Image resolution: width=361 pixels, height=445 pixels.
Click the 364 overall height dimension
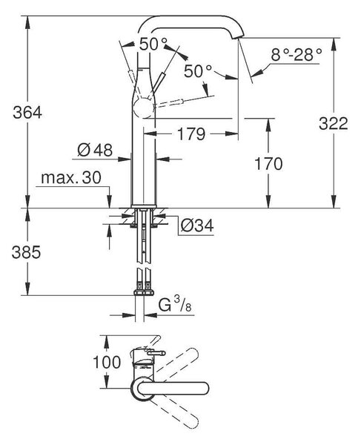point(27,113)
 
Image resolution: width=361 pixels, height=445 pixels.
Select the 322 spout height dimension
point(334,123)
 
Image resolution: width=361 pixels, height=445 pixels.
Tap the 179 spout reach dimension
point(191,134)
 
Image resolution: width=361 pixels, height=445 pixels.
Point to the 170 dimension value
point(268,164)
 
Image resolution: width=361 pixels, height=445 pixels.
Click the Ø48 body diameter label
point(95,150)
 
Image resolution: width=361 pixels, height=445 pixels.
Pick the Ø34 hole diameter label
point(197,225)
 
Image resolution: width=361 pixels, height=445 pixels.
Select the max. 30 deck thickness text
point(71,178)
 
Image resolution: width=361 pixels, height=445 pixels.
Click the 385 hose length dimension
point(26,252)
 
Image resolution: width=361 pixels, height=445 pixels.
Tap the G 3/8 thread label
point(175,305)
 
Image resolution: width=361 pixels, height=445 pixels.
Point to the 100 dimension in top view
point(107,363)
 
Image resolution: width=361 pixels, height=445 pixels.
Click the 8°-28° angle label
point(297,55)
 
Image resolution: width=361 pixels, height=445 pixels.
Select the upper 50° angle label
point(153,44)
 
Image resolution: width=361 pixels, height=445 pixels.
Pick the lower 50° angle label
point(198,71)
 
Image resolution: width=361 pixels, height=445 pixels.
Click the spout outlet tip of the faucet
point(237,37)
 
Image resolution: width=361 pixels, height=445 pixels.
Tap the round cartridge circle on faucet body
point(145,108)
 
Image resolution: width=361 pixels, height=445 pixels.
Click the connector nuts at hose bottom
point(144,292)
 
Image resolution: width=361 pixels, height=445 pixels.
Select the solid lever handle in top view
point(173,388)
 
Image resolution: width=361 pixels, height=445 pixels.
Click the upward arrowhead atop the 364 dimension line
point(27,22)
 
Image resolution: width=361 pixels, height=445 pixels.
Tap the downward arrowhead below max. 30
point(110,202)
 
